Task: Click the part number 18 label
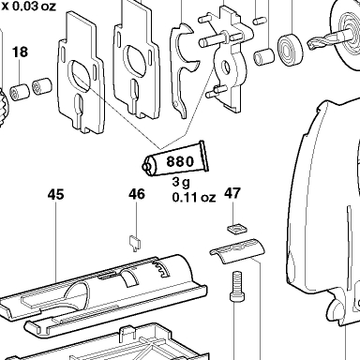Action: pyautogui.click(x=20, y=52)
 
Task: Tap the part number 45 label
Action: pyautogui.click(x=55, y=194)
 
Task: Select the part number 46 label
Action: pyautogui.click(x=137, y=194)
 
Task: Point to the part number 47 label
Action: pyautogui.click(x=232, y=193)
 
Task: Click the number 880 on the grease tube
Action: pyautogui.click(x=180, y=161)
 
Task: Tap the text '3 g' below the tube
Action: pyautogui.click(x=181, y=182)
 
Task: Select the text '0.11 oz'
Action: pyautogui.click(x=194, y=197)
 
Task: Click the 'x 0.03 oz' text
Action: pyautogui.click(x=29, y=6)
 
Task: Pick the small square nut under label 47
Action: pyautogui.click(x=237, y=229)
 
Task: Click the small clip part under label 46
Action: pyautogui.click(x=135, y=243)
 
